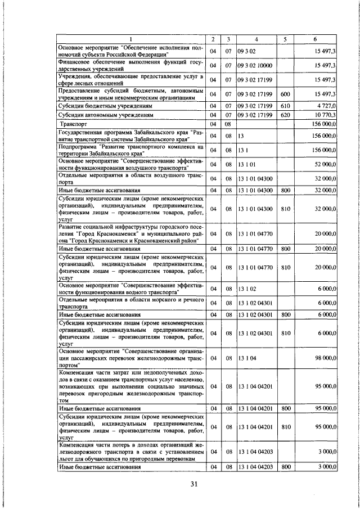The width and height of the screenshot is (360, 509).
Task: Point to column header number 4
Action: (255, 39)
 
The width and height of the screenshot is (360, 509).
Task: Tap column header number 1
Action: (130, 39)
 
